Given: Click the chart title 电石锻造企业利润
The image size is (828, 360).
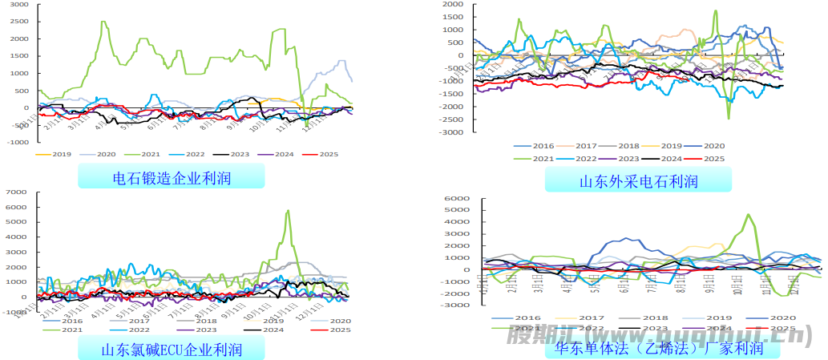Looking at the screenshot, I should [172, 177].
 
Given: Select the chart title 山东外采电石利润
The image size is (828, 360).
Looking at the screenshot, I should [638, 181].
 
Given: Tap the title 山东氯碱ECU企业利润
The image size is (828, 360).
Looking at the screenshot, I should [172, 350].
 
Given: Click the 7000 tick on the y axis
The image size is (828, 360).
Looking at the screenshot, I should [18, 193].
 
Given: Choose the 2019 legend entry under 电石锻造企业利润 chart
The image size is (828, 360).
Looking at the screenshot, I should [61, 154].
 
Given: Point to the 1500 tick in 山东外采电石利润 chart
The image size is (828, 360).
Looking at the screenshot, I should [452, 17].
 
